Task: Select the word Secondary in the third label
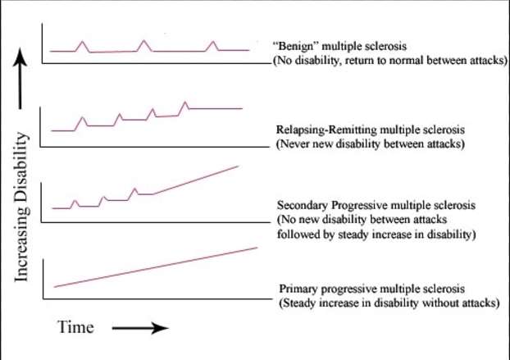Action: (305, 203)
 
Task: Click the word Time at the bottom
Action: (75, 328)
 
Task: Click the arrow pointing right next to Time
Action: (139, 329)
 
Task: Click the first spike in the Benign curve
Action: (82, 43)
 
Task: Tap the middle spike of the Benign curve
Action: (144, 42)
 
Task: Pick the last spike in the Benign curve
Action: (213, 43)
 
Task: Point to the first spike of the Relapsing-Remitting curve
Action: (81, 119)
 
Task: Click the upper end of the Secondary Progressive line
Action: (237, 166)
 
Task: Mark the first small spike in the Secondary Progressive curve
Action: (75, 200)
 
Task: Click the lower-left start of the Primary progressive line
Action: (54, 286)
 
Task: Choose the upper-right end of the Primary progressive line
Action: (257, 247)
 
